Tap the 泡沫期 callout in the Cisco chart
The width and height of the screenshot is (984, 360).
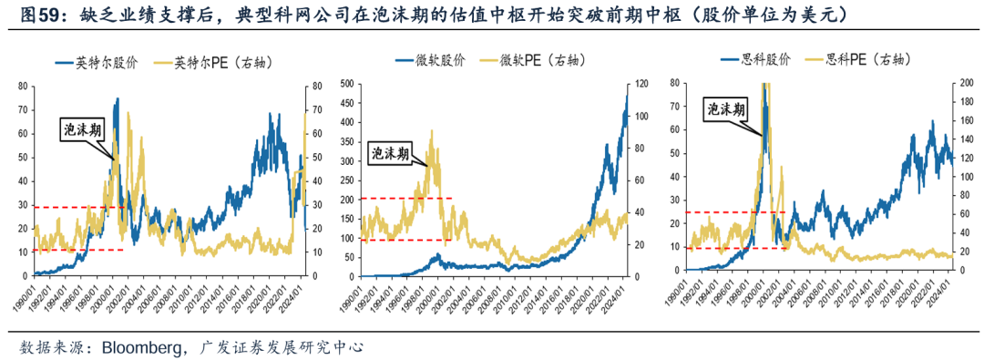[x=726, y=109]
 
